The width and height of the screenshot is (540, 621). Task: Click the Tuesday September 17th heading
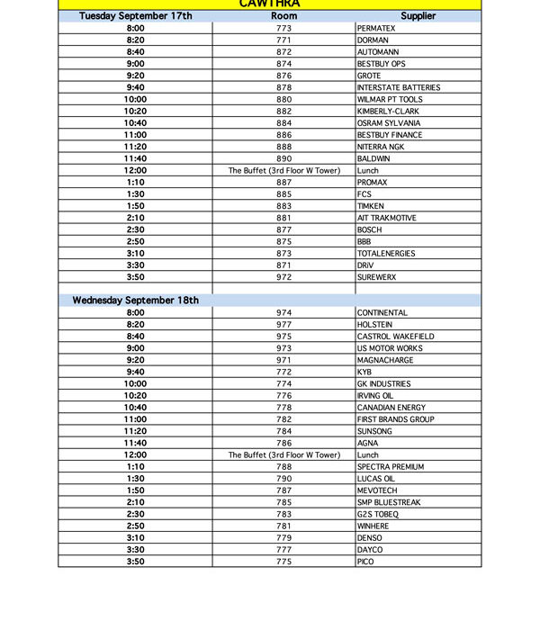pos(136,16)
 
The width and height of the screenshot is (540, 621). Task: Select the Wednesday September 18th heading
pos(136,301)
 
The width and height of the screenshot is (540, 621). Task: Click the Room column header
pos(284,16)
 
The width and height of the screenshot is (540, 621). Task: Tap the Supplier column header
pos(418,16)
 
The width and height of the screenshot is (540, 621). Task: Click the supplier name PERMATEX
pos(376,29)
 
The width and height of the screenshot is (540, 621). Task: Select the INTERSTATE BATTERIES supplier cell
pos(399,88)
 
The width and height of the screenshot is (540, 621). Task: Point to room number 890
pos(284,159)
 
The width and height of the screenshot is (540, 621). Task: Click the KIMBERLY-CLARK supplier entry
pos(388,112)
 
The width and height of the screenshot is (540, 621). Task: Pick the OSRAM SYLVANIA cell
pos(388,123)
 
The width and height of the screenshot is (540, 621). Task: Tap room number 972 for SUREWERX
pos(284,277)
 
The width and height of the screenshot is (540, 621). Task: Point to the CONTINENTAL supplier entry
pos(382,313)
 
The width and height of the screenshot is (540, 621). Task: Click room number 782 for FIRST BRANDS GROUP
pos(284,419)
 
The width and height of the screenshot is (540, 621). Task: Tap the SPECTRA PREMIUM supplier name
pos(391,467)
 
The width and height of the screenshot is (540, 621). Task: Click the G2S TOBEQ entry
pos(378,514)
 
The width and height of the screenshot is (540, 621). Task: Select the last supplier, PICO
pos(365,562)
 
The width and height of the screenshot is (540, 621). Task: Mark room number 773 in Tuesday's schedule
pos(284,29)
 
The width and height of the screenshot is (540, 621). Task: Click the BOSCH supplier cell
pos(370,230)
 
